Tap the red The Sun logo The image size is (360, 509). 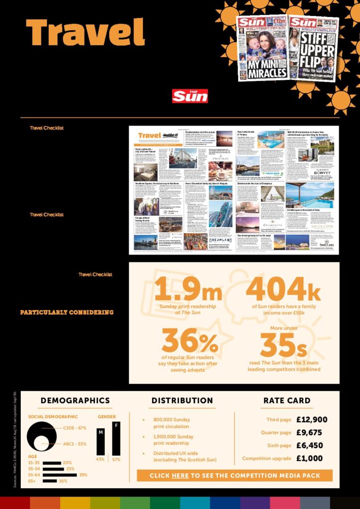tap(190, 96)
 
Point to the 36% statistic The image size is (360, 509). tap(189, 341)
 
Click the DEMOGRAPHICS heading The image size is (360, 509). tap(75, 400)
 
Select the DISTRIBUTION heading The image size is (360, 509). tap(182, 400)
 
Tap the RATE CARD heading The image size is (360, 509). tap(287, 400)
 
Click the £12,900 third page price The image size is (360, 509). tap(312, 420)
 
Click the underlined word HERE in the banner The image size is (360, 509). tap(180, 476)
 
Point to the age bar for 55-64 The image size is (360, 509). tap(60, 475)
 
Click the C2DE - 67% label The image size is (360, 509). tap(75, 427)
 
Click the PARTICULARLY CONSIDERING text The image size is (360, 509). tap(67, 313)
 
